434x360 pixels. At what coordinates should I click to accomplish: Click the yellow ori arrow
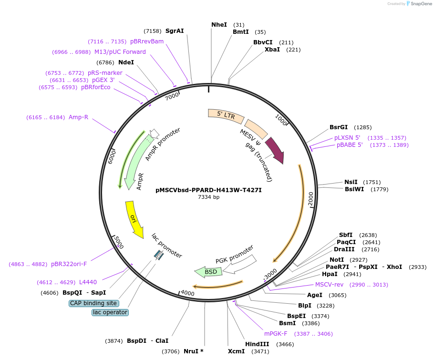[x=134, y=219]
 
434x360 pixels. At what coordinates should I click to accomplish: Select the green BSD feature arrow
[x=209, y=271]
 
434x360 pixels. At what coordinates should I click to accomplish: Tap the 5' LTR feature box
[x=225, y=114]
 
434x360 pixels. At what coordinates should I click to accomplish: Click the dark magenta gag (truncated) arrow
[x=275, y=149]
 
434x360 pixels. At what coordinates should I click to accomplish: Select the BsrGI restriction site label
[x=340, y=127]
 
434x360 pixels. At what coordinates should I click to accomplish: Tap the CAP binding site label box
[x=94, y=303]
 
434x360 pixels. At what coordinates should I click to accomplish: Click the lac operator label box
[x=110, y=312]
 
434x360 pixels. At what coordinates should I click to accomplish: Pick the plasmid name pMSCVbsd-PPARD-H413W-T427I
[x=208, y=190]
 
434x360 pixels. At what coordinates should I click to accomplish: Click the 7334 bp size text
[x=209, y=197]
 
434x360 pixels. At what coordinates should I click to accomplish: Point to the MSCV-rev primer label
[x=329, y=285]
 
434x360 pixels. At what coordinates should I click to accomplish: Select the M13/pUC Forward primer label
[x=120, y=52]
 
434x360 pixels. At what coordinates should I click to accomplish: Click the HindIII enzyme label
[x=257, y=344]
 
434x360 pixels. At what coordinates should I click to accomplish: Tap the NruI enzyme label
[x=191, y=351]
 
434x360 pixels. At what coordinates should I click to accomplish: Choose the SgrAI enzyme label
[x=175, y=31]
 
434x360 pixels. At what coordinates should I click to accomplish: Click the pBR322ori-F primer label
[x=69, y=264]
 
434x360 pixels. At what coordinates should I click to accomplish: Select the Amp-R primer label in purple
[x=78, y=117]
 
